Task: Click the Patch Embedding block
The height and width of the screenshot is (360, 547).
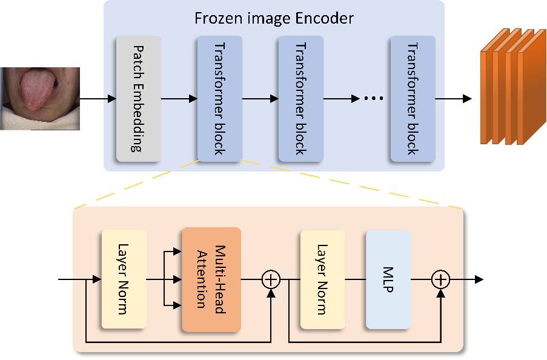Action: click(x=138, y=99)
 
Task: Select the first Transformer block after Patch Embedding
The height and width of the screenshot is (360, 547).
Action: click(x=219, y=99)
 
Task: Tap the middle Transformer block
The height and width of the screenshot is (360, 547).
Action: click(x=300, y=99)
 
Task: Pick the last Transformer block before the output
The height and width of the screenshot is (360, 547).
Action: click(x=413, y=99)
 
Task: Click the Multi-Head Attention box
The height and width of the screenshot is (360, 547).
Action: click(x=211, y=279)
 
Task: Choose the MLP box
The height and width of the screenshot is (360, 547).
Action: click(x=388, y=279)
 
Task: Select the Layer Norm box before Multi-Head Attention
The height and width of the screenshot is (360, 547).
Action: click(x=124, y=279)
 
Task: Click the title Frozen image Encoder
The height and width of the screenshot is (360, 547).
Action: click(x=274, y=18)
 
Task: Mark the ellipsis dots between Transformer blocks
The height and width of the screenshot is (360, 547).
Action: click(x=373, y=99)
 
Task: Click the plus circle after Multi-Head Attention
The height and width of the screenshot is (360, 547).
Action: click(x=271, y=279)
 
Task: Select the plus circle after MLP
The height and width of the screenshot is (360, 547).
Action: click(x=441, y=279)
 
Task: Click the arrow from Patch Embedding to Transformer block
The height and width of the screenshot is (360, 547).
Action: click(x=179, y=98)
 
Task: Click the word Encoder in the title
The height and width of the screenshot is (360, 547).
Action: click(x=328, y=18)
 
